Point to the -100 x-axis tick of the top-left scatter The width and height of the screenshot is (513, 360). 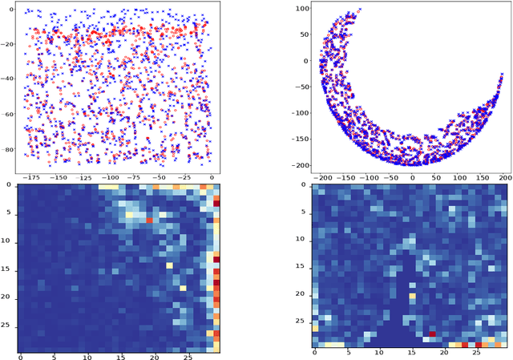(x=110, y=176)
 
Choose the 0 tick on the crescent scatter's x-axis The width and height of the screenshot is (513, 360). (x=413, y=176)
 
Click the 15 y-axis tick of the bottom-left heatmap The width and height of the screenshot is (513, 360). (x=8, y=269)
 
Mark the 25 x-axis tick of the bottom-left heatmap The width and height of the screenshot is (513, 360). (x=186, y=355)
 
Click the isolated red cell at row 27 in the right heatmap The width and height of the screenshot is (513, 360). (x=432, y=333)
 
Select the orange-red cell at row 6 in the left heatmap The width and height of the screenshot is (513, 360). (x=149, y=220)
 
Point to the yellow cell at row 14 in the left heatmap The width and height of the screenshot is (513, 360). (x=169, y=264)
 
